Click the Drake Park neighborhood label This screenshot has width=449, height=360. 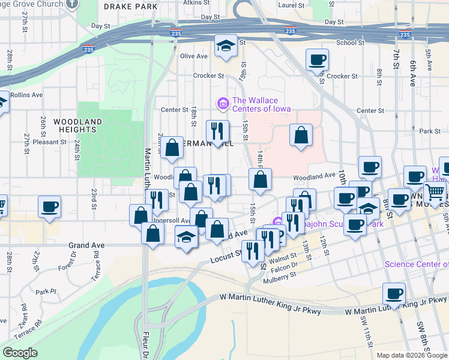(130, 7)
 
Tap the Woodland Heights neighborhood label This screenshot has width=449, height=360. (77, 125)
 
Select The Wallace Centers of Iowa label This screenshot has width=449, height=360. (262, 104)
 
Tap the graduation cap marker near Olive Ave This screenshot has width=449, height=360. (226, 46)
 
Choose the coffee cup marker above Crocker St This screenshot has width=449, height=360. (317, 61)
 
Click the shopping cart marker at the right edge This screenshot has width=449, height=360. (435, 193)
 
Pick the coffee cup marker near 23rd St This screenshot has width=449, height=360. (49, 207)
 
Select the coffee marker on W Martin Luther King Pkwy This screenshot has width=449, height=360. (394, 293)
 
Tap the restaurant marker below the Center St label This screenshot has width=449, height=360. (217, 131)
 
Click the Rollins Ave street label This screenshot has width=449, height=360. (26, 95)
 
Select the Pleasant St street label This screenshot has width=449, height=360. (50, 142)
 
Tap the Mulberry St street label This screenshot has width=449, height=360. (281, 275)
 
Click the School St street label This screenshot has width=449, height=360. (350, 43)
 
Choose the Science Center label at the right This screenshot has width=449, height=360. (417, 264)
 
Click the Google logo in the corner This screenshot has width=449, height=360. (20, 353)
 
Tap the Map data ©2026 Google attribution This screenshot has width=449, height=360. (412, 355)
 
